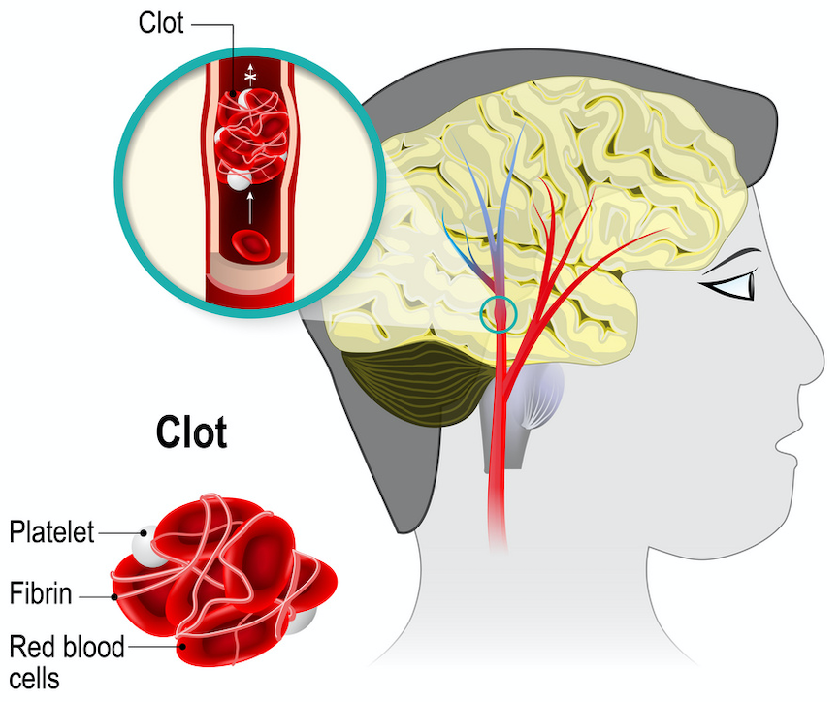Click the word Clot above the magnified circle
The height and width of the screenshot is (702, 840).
[x=161, y=22]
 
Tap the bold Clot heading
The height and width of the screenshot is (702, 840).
[x=191, y=432]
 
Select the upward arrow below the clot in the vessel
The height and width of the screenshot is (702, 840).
[x=251, y=206]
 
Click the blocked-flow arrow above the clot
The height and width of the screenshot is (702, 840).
[x=251, y=73]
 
